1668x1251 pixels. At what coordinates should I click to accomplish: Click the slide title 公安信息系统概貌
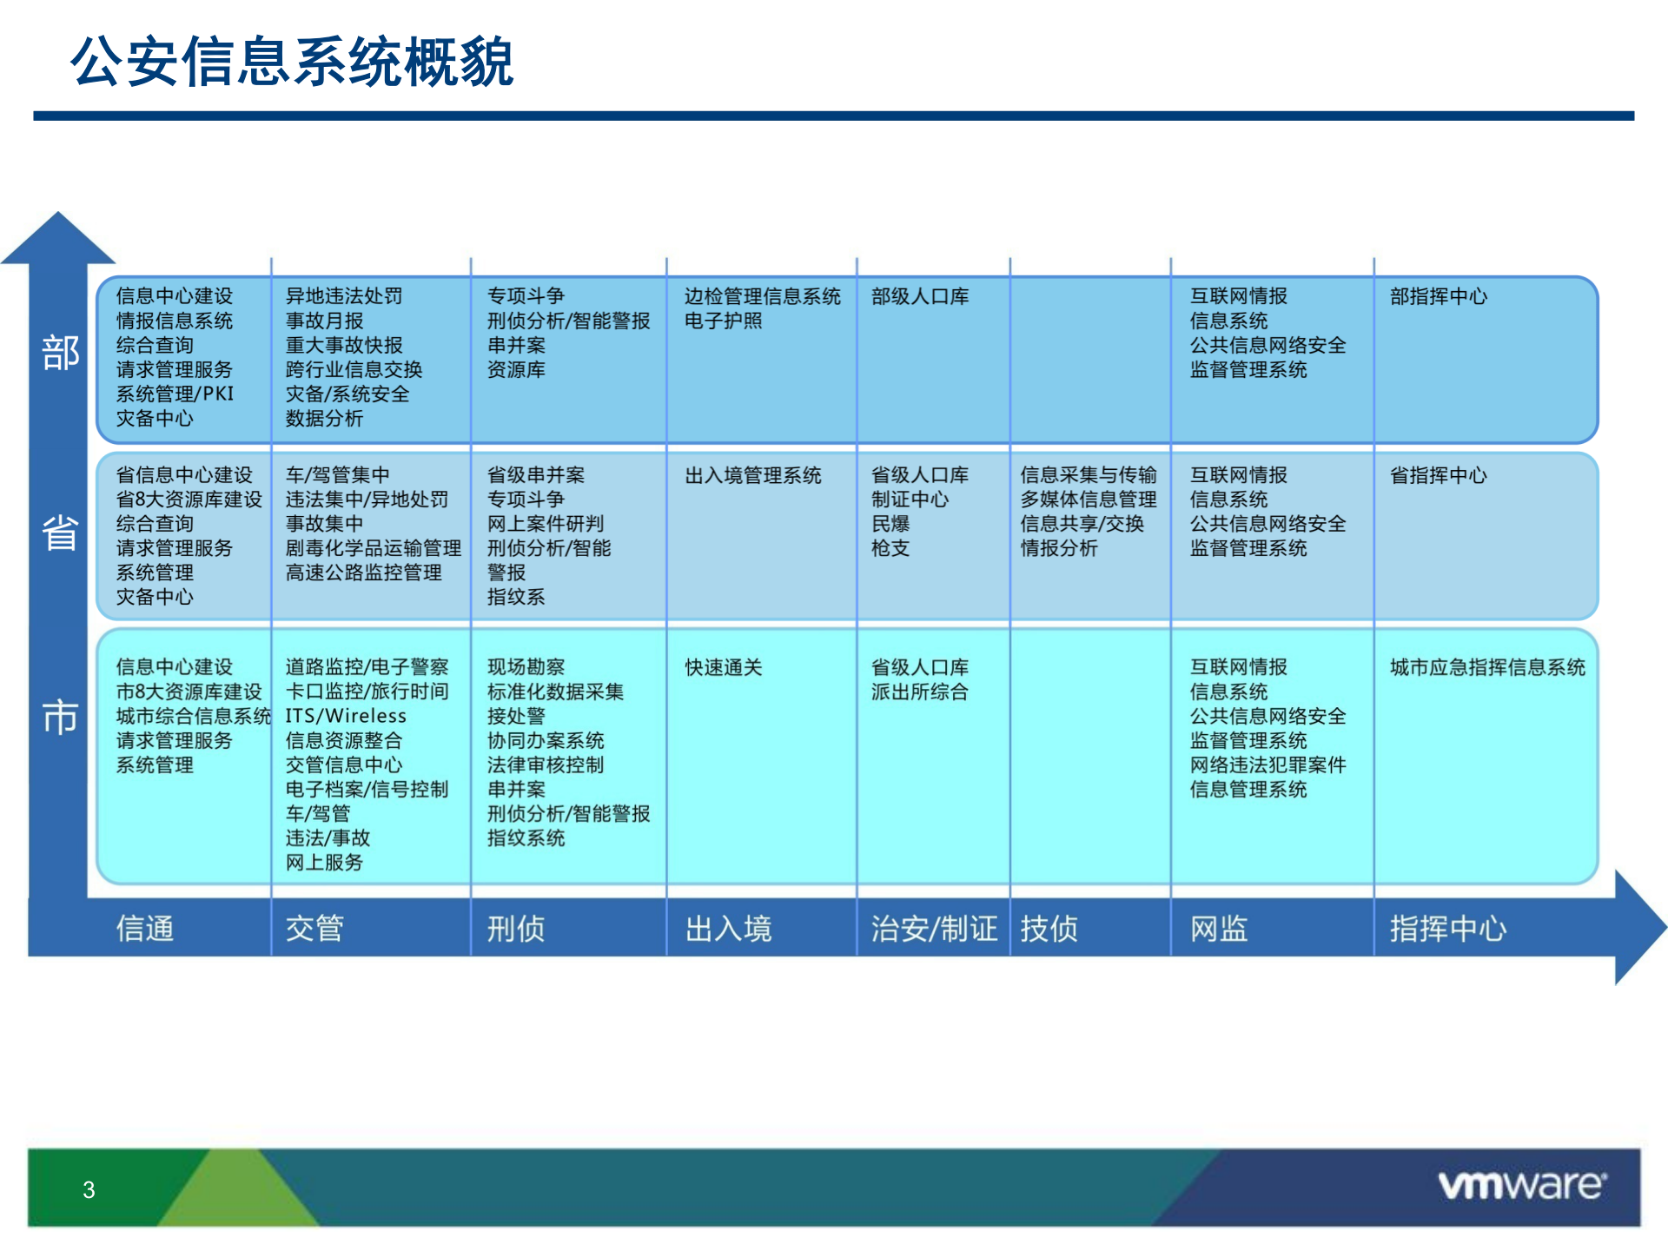(x=292, y=63)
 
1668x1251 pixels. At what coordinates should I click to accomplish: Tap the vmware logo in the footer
(x=1522, y=1185)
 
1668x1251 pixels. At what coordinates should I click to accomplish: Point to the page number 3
(x=89, y=1190)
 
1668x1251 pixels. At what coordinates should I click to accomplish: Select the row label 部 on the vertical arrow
(x=60, y=354)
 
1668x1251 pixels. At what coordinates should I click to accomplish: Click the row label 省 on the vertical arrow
(x=60, y=533)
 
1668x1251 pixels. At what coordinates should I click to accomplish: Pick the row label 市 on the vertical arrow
(x=60, y=718)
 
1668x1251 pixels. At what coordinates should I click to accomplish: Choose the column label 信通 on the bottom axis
(x=145, y=929)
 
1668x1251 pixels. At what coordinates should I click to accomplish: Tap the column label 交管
(x=314, y=929)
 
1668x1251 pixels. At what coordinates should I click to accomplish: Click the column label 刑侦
(x=516, y=929)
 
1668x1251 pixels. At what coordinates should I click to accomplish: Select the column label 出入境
(x=728, y=929)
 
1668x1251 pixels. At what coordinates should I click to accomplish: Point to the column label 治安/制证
(x=934, y=929)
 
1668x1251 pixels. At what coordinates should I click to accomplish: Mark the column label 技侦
(x=1049, y=929)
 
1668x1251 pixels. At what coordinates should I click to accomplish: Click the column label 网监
(x=1219, y=929)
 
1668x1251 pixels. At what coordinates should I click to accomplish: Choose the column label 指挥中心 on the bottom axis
(x=1448, y=929)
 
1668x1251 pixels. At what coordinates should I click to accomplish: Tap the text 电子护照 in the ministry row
(x=723, y=321)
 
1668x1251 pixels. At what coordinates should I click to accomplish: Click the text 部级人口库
(x=920, y=297)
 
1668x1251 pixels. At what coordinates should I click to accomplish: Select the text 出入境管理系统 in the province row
(x=753, y=476)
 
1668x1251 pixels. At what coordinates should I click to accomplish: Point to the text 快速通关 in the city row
(x=724, y=668)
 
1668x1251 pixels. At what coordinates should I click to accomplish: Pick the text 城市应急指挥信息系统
(x=1487, y=668)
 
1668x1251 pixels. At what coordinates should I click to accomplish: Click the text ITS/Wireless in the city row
(x=346, y=717)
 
